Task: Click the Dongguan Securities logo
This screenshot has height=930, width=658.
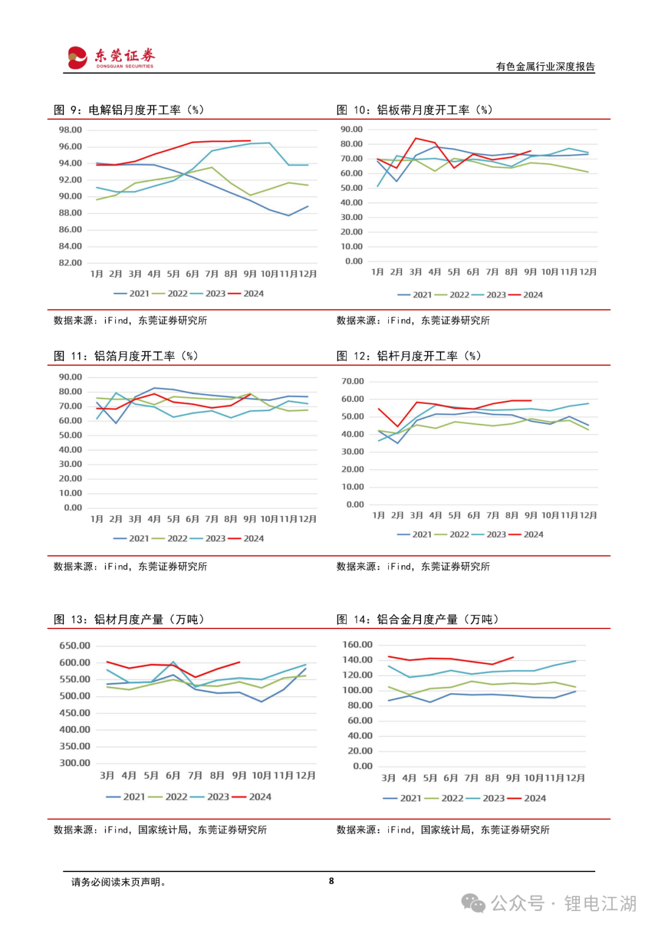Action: click(x=111, y=57)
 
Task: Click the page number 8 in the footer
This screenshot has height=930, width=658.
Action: click(x=331, y=881)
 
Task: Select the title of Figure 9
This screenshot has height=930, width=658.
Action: click(x=129, y=110)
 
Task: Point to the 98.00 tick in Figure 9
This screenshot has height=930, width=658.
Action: click(x=70, y=130)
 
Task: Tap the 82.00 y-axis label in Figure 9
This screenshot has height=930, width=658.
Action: click(x=70, y=262)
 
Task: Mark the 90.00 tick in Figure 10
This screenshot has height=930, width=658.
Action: click(x=352, y=129)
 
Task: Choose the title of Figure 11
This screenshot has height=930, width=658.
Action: click(x=126, y=356)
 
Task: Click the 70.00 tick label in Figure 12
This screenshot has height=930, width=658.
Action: click(x=353, y=381)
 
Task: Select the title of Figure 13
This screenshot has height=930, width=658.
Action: click(x=129, y=619)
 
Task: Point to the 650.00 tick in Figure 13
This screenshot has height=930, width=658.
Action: click(x=74, y=646)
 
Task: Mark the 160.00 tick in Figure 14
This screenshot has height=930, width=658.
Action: click(x=358, y=644)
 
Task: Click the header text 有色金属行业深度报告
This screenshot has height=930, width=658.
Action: click(x=545, y=66)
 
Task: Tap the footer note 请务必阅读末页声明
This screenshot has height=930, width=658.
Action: click(x=118, y=882)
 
